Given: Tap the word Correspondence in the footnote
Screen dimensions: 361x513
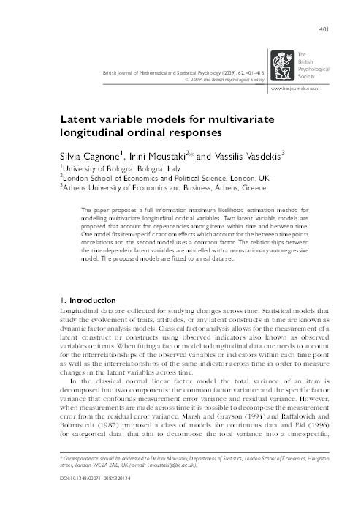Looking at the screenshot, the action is click(80, 476).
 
